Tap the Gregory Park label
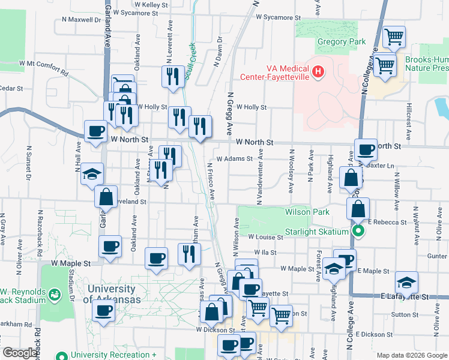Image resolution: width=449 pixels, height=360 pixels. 341,42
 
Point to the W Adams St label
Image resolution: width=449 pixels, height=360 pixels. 235,159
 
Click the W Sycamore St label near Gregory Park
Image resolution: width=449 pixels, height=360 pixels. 277,17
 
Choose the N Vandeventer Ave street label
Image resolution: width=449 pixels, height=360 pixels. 260,178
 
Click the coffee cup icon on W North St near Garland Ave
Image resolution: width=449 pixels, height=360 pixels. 96,132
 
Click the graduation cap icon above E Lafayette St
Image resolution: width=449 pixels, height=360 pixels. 407,283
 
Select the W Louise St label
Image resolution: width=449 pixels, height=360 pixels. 265,238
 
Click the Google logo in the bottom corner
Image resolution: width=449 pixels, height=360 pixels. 20,353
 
